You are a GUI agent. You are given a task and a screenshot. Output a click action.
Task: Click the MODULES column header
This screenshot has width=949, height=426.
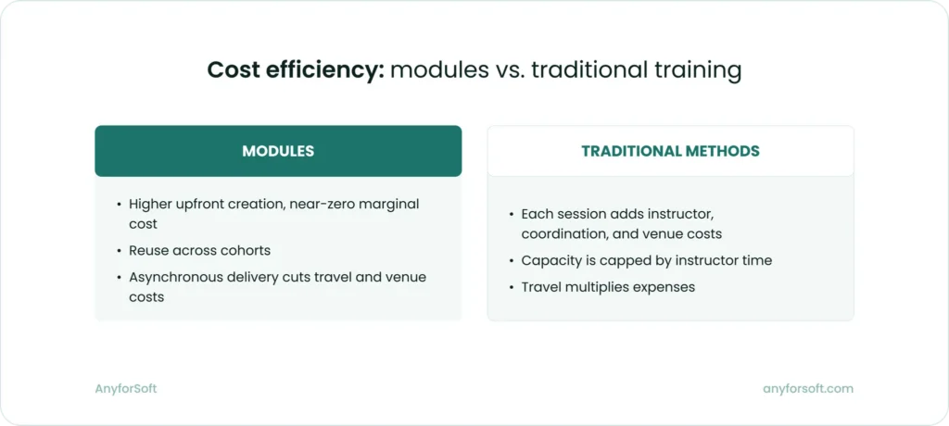pyautogui.click(x=278, y=151)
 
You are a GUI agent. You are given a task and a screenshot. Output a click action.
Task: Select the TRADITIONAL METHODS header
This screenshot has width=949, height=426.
pyautogui.click(x=670, y=151)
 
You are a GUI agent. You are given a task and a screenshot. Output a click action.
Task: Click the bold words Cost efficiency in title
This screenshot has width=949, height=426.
pyautogui.click(x=296, y=71)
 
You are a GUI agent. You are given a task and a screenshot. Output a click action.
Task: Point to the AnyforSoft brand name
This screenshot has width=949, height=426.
pyautogui.click(x=125, y=389)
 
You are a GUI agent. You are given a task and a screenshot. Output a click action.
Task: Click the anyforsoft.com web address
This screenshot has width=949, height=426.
pyautogui.click(x=807, y=389)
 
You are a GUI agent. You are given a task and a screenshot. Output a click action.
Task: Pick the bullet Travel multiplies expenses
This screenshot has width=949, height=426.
pyautogui.click(x=608, y=287)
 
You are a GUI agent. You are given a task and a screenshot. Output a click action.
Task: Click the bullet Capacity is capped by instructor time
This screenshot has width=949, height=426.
pyautogui.click(x=647, y=261)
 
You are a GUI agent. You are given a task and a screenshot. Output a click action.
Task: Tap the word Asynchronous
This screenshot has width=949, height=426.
pyautogui.click(x=173, y=276)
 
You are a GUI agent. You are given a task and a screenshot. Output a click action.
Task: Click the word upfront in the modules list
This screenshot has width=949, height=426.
pyautogui.click(x=202, y=204)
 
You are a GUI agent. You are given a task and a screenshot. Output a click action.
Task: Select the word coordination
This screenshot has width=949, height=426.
pyautogui.click(x=563, y=234)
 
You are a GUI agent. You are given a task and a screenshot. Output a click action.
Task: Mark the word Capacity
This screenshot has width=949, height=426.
pyautogui.click(x=550, y=261)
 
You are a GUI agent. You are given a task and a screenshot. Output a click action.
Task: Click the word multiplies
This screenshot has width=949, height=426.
pyautogui.click(x=597, y=287)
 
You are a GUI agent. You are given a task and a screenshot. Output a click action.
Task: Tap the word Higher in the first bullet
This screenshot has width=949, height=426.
pyautogui.click(x=150, y=204)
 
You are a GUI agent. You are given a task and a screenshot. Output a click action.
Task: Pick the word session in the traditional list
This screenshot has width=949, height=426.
pyautogui.click(x=581, y=214)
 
